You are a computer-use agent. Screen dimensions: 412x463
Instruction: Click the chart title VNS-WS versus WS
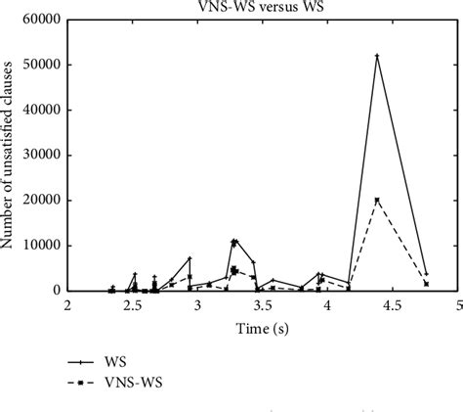click(x=262, y=8)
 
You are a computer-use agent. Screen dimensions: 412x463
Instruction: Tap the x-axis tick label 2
click(x=67, y=305)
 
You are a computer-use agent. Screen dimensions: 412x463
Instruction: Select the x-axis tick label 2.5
click(x=132, y=305)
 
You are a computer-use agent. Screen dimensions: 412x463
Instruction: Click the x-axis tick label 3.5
click(x=262, y=305)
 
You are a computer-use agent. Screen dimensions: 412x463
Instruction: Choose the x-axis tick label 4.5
click(x=393, y=305)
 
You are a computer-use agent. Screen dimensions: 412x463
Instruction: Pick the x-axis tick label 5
click(x=457, y=305)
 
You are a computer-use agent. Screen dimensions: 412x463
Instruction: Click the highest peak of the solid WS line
click(x=377, y=56)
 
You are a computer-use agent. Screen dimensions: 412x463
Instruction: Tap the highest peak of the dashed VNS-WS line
click(x=377, y=201)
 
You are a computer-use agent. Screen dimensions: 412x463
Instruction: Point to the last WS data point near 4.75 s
click(x=426, y=274)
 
